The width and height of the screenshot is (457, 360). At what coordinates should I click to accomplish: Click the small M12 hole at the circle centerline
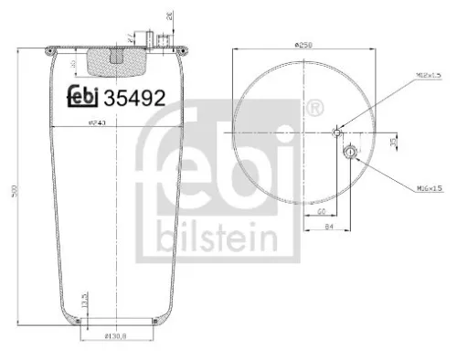click(x=338, y=132)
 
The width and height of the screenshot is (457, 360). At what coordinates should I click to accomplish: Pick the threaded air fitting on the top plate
click(x=163, y=40)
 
